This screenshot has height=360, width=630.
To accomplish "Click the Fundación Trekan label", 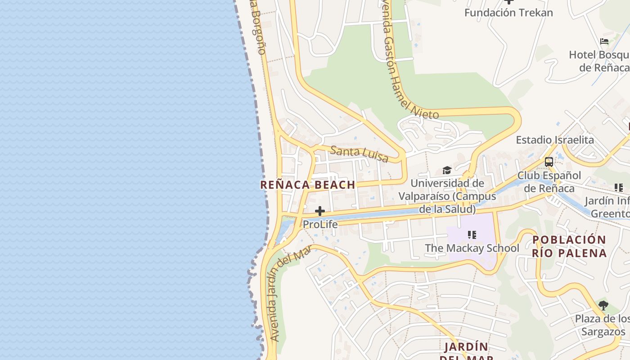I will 508,13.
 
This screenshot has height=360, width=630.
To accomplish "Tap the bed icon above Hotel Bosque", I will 604,41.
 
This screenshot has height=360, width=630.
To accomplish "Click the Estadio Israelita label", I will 555,140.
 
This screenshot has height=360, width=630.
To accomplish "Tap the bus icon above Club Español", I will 549,162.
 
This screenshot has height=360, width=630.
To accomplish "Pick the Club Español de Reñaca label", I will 549,182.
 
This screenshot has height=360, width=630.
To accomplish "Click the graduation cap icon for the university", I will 447,170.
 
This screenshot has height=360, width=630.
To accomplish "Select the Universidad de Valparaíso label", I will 447,196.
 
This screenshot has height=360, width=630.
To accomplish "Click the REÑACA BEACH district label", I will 308,185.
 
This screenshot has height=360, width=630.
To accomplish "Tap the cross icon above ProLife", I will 320,211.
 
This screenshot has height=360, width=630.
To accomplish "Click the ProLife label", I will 320,224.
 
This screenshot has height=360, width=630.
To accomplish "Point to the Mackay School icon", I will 472,235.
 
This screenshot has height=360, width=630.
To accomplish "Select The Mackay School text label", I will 472,248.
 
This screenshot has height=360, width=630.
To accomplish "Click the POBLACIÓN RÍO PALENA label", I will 569,246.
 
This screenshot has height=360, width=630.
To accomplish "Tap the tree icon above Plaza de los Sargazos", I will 603,306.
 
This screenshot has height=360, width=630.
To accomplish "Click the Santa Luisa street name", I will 359,153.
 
